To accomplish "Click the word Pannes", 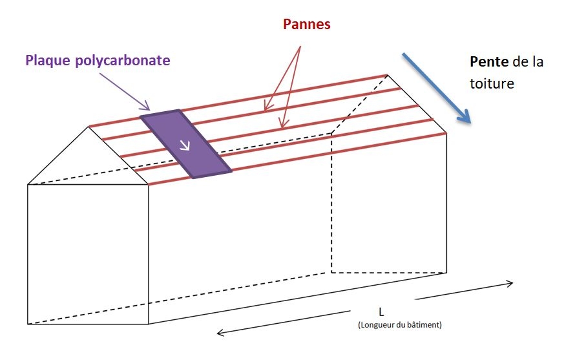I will tap(307, 25).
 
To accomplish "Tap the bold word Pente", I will tap(488, 63).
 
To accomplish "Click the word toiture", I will tap(492, 83).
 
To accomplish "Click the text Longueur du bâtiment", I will tap(400, 324).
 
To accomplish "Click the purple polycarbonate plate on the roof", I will tap(186, 143).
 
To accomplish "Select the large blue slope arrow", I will tap(437, 87).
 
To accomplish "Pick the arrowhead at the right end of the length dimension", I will tap(510, 283).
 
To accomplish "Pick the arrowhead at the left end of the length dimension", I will tap(221, 333).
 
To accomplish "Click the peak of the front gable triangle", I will tap(89, 127).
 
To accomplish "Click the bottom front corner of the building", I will tap(149, 324).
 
